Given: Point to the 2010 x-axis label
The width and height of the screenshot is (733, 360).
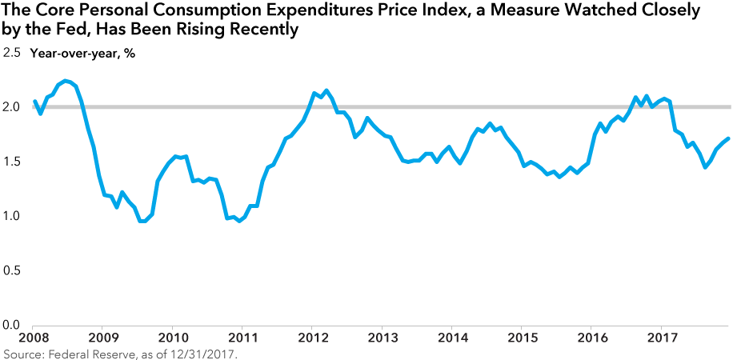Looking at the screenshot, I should coord(172,338).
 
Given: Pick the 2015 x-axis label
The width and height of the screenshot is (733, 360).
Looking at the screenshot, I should coord(521,338).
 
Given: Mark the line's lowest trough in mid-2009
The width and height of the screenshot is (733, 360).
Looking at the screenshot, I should coord(142,222).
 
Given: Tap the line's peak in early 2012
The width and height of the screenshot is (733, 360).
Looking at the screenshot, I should coord(327,90).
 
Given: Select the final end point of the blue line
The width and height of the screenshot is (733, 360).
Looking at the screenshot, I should coord(727,139).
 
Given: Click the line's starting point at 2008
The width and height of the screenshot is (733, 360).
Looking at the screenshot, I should coord(34,102).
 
